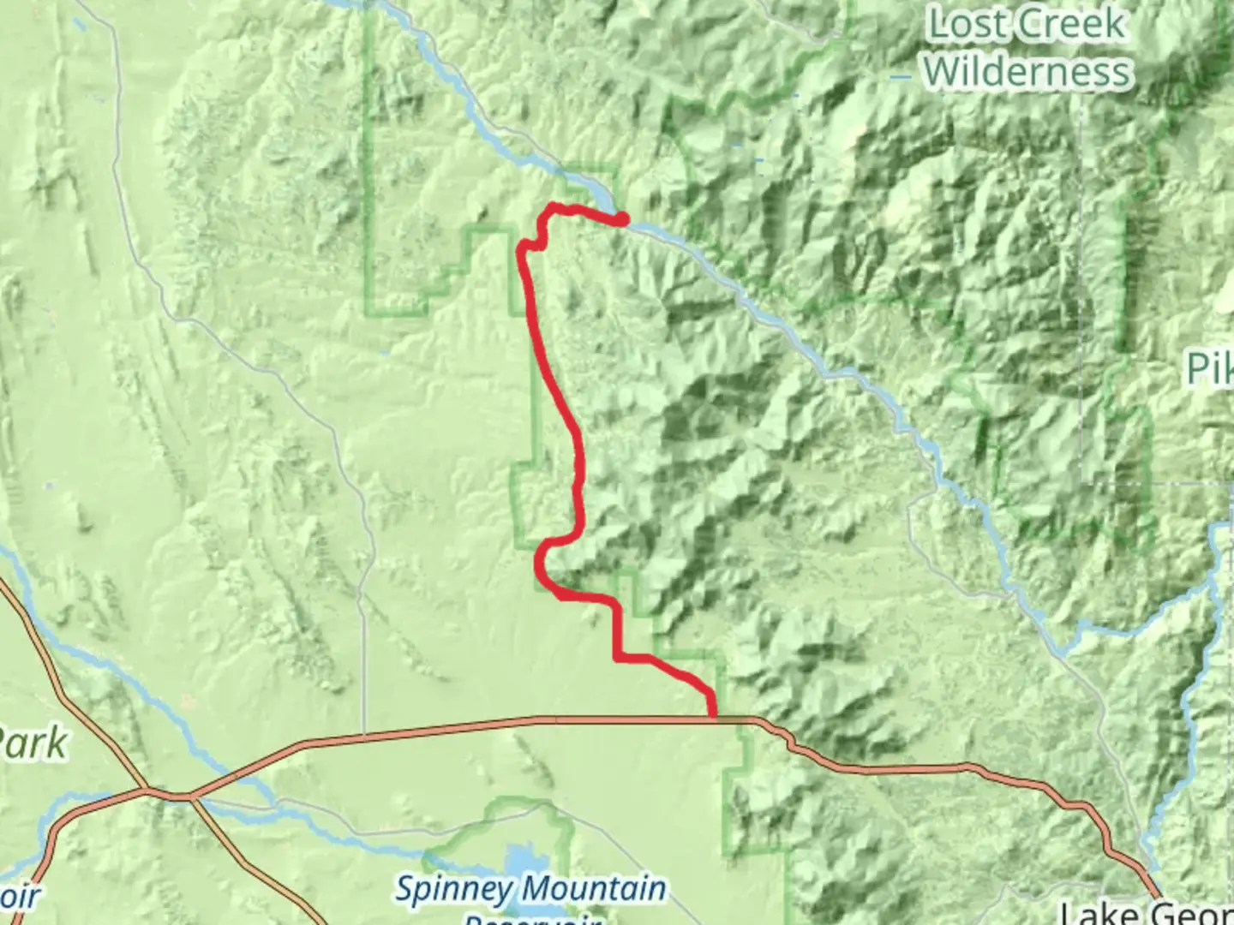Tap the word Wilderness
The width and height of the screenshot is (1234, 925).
tap(1027, 71)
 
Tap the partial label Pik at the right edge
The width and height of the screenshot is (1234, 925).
tap(1210, 368)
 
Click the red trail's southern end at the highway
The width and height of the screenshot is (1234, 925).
tap(713, 714)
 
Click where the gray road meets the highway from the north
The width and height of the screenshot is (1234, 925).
tap(365, 735)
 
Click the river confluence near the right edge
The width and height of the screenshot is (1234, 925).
tap(1211, 582)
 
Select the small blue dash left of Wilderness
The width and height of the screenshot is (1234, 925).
tap(900, 78)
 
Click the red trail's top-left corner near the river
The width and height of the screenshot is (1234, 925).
tap(551, 206)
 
